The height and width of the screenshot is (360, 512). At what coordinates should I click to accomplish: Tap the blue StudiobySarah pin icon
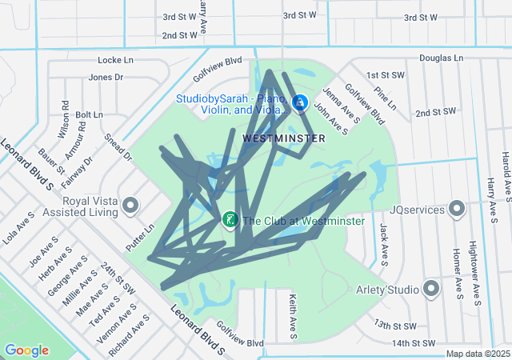pyautogui.click(x=300, y=103)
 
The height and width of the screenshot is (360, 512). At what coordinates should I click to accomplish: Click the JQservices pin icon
pyautogui.click(x=458, y=210)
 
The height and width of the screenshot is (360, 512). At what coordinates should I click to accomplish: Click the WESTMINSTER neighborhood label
pyautogui.click(x=283, y=138)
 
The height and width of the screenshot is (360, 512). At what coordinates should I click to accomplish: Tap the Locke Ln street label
pyautogui.click(x=115, y=60)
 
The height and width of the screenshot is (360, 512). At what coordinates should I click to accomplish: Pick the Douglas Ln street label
pyautogui.click(x=441, y=58)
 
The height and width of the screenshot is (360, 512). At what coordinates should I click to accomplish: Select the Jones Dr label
pyautogui.click(x=106, y=78)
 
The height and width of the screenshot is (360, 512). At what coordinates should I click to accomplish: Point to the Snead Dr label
pyautogui.click(x=118, y=147)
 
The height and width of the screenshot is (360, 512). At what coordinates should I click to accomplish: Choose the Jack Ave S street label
pyautogui.click(x=384, y=244)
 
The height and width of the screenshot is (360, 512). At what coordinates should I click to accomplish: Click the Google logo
pyautogui.click(x=26, y=350)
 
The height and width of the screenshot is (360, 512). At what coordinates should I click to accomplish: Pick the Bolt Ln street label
pyautogui.click(x=90, y=115)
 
